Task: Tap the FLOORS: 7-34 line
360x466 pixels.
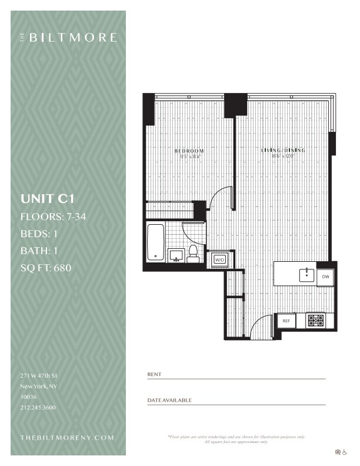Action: pos(54,217)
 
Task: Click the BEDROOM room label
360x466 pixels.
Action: pos(189,151)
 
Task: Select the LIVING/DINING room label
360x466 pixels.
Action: pos(283,151)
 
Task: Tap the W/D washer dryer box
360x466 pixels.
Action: pos(220,259)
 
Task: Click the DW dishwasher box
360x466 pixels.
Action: pos(325,275)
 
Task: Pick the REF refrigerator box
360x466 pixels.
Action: pos(286,321)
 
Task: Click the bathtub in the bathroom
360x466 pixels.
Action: pos(155,241)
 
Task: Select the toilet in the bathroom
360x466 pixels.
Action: pos(192,254)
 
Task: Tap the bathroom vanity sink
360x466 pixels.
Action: pos(175,255)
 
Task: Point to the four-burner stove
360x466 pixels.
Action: pos(315,321)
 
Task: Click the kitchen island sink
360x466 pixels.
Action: pos(306,274)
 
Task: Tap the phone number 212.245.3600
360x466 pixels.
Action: pos(38,407)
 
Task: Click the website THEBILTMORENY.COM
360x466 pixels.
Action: pos(66,438)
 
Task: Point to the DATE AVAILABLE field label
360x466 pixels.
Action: pos(169,400)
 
